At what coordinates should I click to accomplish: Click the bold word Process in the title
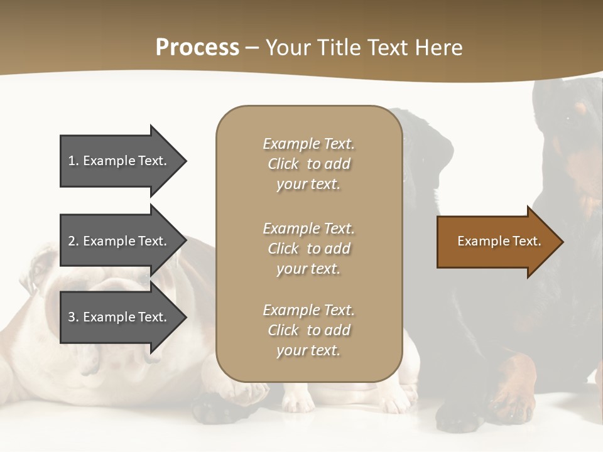(x=197, y=48)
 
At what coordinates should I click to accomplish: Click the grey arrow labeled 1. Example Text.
(x=119, y=161)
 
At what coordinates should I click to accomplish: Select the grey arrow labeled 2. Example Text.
(x=119, y=241)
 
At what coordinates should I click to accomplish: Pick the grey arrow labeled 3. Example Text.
(x=119, y=317)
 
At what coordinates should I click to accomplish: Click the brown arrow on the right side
(x=496, y=242)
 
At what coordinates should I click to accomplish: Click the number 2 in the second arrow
(x=72, y=241)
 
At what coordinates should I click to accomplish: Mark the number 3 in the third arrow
(x=72, y=317)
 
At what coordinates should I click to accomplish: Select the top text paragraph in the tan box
(x=308, y=164)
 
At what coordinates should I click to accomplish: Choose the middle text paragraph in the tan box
(x=308, y=249)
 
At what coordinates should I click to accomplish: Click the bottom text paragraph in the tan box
(x=308, y=330)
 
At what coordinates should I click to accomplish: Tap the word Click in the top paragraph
(x=283, y=164)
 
